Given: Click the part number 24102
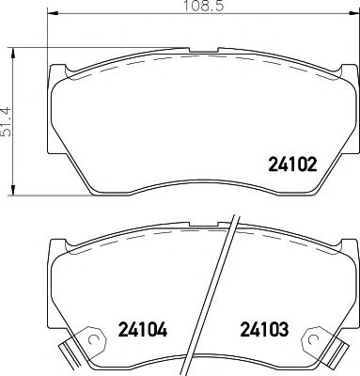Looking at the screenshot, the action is click(x=293, y=164).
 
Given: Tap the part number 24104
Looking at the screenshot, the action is click(x=143, y=330).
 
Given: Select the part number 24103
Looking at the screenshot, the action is click(x=264, y=330).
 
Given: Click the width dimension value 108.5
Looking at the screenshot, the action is click(x=203, y=6).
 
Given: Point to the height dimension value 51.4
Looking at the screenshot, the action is click(x=6, y=122).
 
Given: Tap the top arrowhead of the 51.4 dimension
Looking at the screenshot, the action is click(x=13, y=54).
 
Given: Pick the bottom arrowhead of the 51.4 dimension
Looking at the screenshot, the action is click(x=13, y=190).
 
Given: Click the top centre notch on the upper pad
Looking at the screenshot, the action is click(x=204, y=50).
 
